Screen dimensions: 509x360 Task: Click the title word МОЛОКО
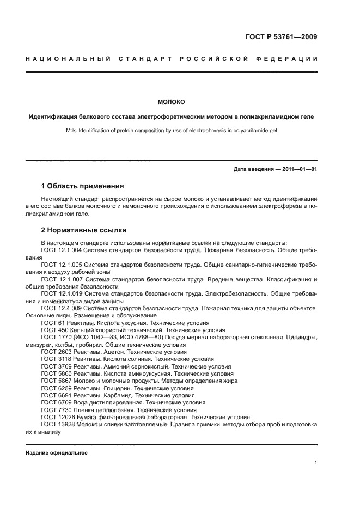[172, 102]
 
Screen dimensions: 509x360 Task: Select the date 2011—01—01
[298, 169]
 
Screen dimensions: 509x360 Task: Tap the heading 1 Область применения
[82, 186]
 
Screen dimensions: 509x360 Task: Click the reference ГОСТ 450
[53, 330]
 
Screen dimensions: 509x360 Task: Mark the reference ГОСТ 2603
[55, 352]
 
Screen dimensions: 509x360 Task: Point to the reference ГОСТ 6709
[55, 402]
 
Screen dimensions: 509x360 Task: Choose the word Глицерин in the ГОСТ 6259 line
[115, 388]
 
